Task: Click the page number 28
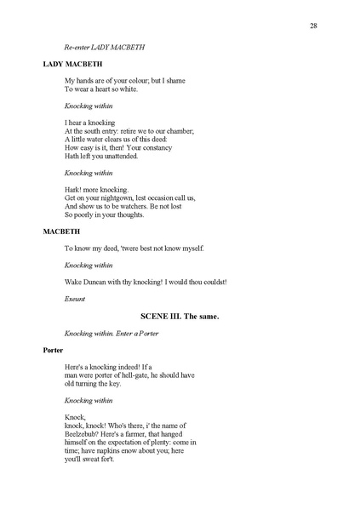click(314, 26)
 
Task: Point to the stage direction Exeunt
click(75, 299)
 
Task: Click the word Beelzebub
click(83, 433)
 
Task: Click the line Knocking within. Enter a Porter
click(111, 333)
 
